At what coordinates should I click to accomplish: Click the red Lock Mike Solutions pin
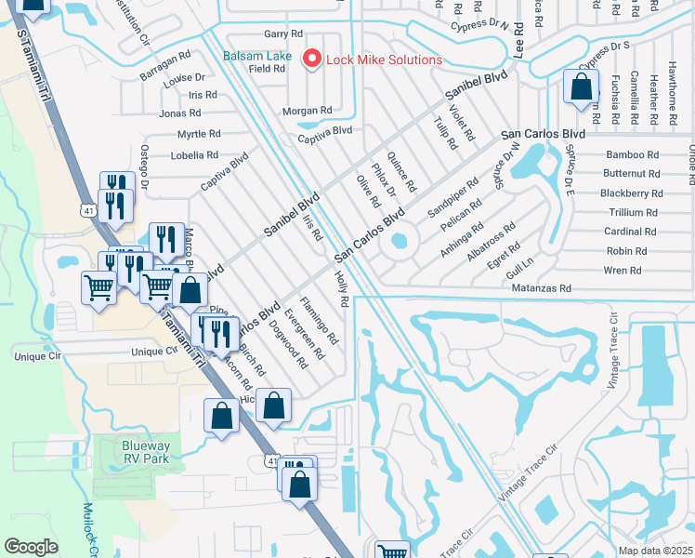click(312, 60)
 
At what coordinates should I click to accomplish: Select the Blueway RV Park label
click(147, 452)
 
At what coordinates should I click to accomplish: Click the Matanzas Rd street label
click(541, 289)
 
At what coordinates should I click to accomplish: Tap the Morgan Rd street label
click(307, 111)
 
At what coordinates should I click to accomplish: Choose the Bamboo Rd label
click(632, 154)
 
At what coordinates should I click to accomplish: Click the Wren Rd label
click(623, 271)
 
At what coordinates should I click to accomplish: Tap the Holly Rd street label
click(340, 287)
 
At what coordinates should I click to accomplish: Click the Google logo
click(31, 547)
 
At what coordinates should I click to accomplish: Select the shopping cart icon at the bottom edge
click(392, 551)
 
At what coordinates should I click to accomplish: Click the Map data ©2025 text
click(656, 551)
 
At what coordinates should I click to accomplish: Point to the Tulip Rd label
click(446, 133)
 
